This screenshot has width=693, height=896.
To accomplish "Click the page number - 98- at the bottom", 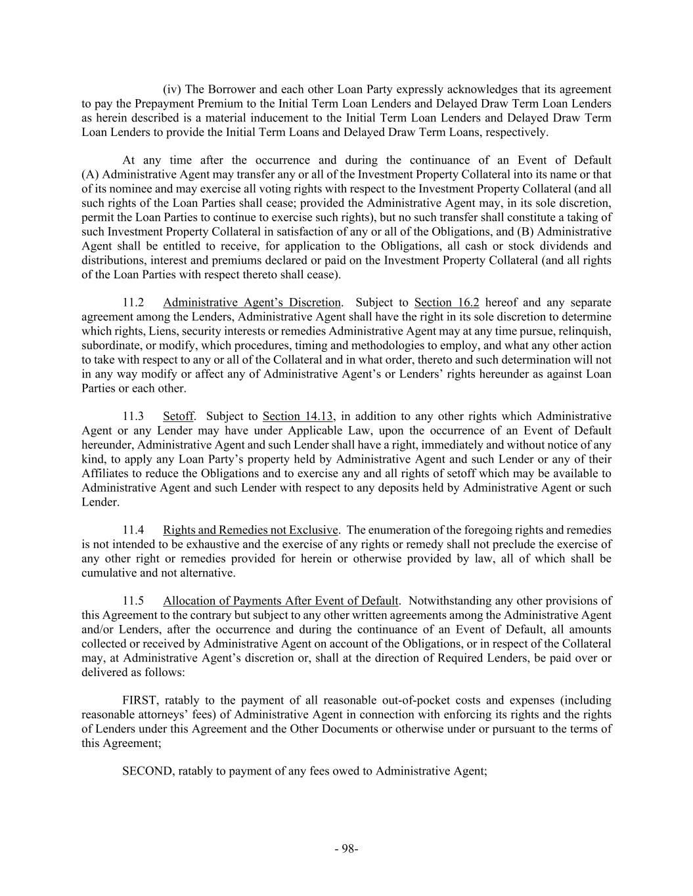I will [x=346, y=849].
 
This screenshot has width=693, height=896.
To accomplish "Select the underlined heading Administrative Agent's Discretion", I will [x=252, y=303].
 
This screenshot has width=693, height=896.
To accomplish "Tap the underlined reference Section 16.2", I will [x=447, y=303].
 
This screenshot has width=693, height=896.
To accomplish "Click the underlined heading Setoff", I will [x=178, y=416].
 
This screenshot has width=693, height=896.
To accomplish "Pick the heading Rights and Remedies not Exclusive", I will [x=250, y=530].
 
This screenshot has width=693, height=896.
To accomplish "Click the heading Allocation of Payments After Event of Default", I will [x=280, y=601].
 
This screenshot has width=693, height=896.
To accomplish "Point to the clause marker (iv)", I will [x=173, y=89].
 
